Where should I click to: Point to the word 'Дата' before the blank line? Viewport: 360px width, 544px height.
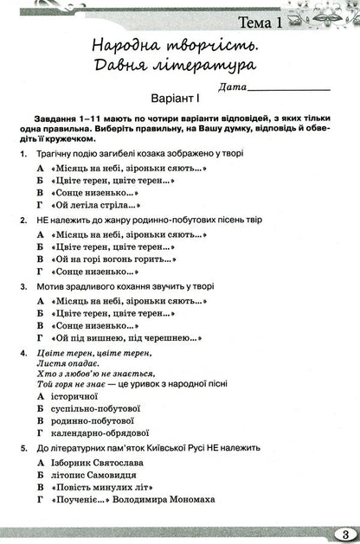coord(232,86)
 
